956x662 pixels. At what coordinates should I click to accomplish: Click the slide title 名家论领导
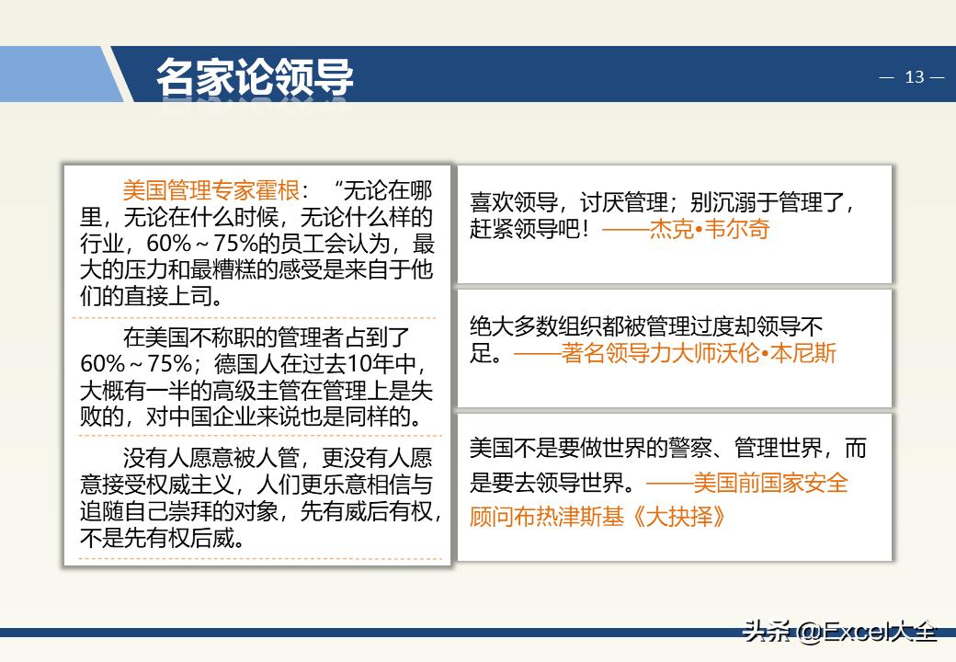point(255,77)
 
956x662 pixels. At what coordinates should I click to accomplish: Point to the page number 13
point(914,77)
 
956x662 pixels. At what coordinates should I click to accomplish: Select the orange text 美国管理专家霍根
point(211,191)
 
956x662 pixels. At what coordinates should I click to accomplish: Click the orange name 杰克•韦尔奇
point(710,229)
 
